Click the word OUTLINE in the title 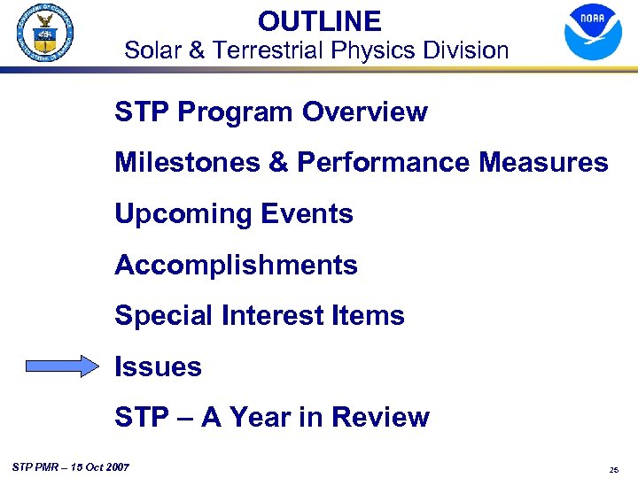(319, 20)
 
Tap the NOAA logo (593, 32)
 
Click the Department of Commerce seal (44, 33)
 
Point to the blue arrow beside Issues (63, 366)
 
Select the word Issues (158, 366)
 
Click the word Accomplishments (236, 265)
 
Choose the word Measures (541, 163)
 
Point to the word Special (162, 315)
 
